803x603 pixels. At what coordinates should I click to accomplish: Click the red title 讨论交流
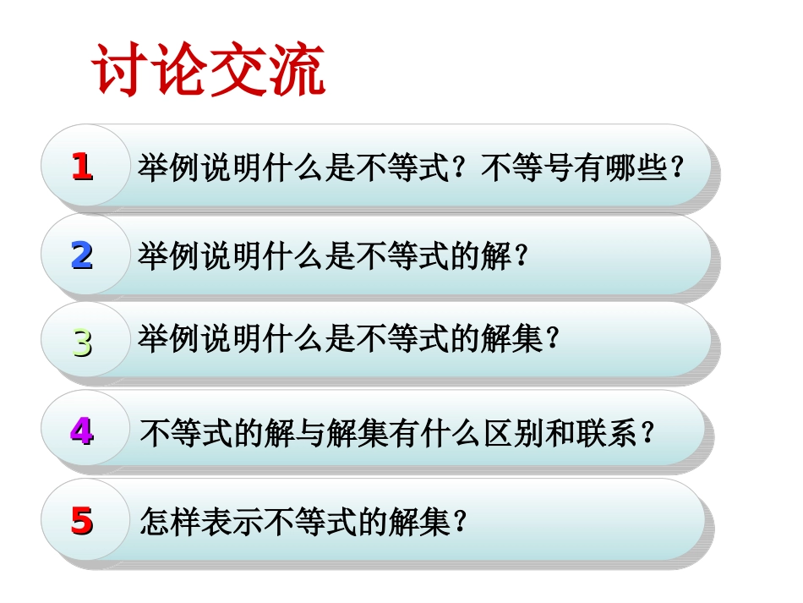pos(208,72)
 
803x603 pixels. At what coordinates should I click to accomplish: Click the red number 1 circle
pos(82,167)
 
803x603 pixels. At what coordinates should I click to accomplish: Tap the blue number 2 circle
pos(82,255)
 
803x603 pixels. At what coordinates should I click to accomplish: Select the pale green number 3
pos(82,343)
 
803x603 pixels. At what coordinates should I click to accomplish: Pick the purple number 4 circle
pos(82,431)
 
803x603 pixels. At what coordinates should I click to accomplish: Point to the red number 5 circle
pos(82,520)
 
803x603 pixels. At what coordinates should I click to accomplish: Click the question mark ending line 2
pos(522,255)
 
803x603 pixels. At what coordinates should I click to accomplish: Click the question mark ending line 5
pos(461,522)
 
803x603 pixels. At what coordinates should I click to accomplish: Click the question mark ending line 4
pos(648,433)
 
